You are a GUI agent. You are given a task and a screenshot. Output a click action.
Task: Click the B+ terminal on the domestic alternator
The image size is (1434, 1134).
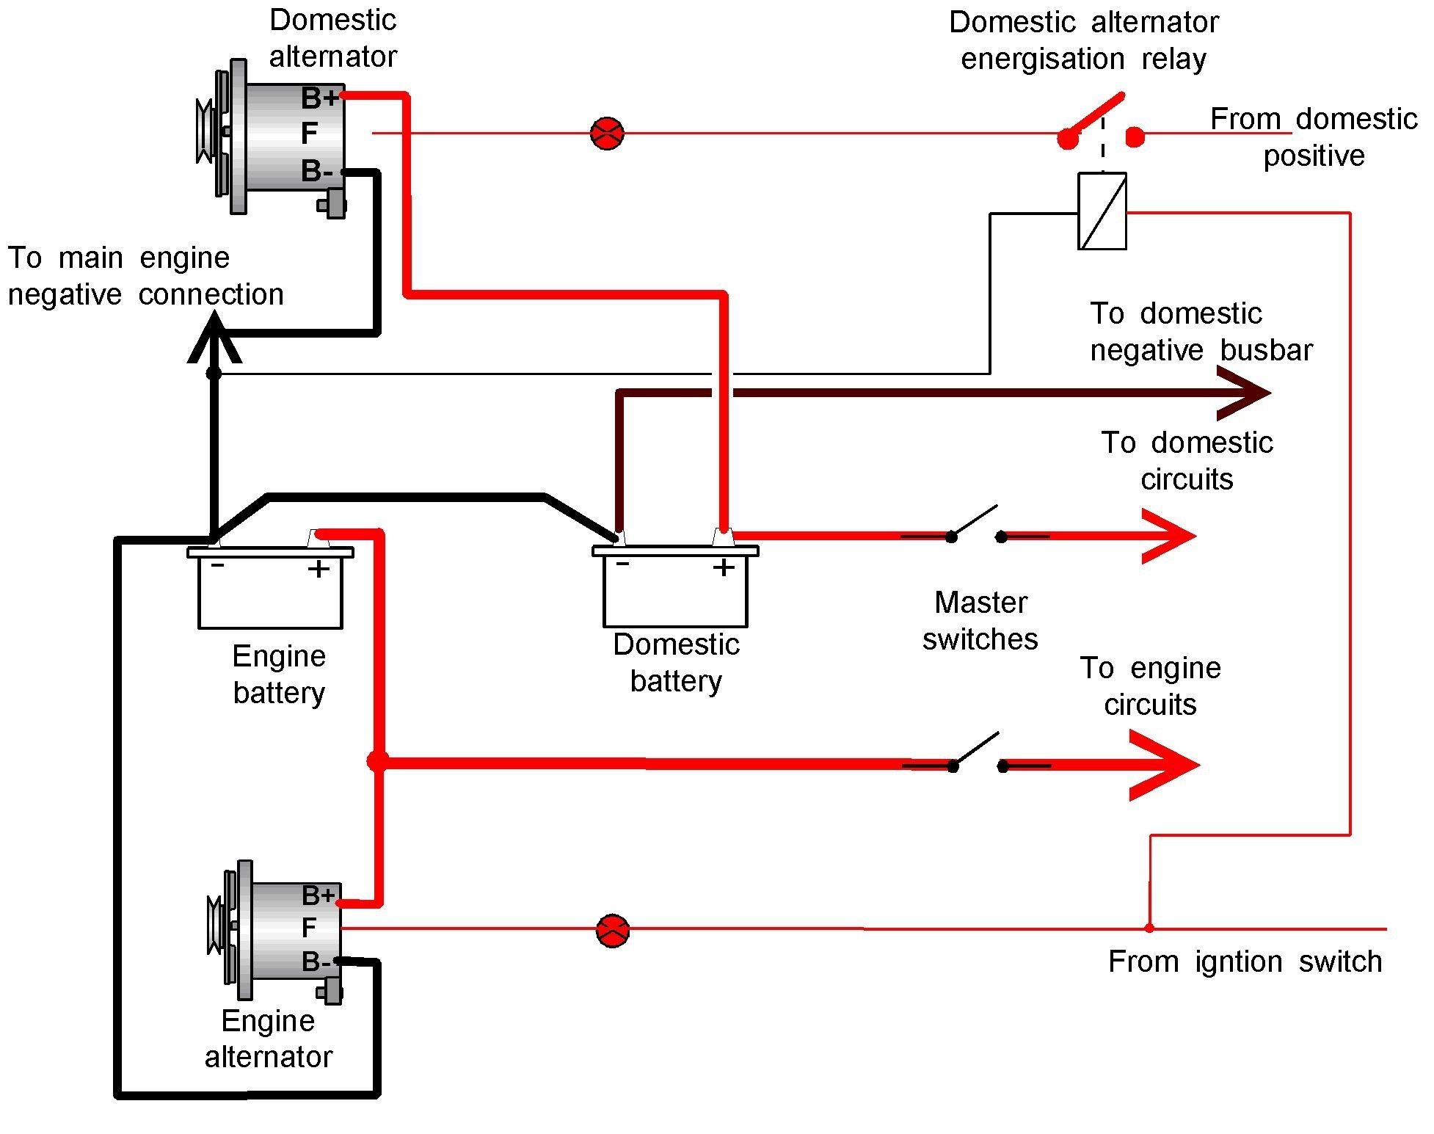click(320, 97)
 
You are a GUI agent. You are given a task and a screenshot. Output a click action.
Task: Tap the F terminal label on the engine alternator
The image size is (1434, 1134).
click(309, 928)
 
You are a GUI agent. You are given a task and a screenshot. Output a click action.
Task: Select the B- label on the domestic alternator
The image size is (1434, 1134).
click(317, 172)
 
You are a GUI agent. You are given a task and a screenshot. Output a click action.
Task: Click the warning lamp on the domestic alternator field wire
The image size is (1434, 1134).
click(607, 134)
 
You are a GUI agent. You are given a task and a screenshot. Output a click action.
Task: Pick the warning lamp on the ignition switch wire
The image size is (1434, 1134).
click(613, 931)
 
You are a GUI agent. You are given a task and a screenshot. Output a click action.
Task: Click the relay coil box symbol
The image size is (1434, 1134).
click(1102, 211)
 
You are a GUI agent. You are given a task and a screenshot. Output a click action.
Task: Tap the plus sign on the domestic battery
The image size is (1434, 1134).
click(724, 567)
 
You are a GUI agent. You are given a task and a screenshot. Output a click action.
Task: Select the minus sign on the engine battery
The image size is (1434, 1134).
click(218, 566)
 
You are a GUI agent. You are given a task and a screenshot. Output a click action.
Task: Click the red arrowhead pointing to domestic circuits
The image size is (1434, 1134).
click(1171, 536)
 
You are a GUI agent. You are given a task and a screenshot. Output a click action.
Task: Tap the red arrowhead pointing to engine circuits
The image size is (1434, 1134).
click(1167, 765)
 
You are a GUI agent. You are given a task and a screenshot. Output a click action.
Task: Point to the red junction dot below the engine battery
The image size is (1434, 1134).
click(377, 761)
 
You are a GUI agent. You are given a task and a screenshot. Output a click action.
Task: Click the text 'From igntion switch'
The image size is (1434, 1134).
click(1245, 962)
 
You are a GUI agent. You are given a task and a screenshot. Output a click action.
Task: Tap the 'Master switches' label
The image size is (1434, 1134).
click(980, 621)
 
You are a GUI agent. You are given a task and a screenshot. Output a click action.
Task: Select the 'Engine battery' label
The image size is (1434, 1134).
click(279, 675)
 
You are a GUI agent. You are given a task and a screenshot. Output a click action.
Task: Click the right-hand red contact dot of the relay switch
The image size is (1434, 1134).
click(1135, 137)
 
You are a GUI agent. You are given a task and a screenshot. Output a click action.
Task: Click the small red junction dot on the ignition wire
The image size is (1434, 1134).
click(1149, 928)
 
